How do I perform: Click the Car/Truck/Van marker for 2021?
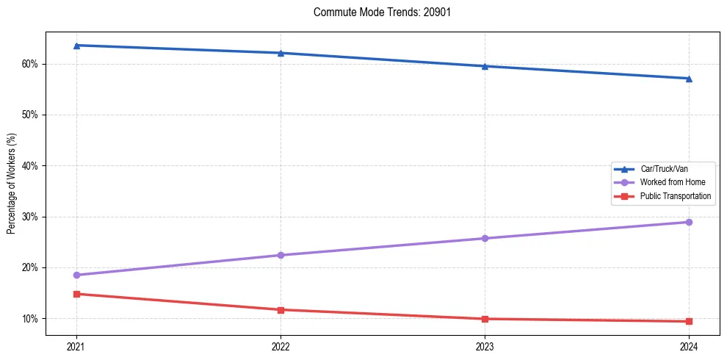click(x=76, y=46)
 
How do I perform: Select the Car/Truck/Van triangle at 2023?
click(x=485, y=66)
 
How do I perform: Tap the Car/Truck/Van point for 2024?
click(x=689, y=79)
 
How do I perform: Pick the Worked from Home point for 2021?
click(x=76, y=275)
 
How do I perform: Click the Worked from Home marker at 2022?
click(x=281, y=255)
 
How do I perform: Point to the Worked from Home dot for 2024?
click(x=689, y=222)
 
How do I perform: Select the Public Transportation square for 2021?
click(x=76, y=294)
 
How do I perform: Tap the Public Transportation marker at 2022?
click(x=281, y=309)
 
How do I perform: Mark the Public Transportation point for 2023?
click(x=485, y=319)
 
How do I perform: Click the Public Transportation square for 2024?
click(x=689, y=321)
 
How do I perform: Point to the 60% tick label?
click(x=31, y=64)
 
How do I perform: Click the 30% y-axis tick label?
click(x=31, y=217)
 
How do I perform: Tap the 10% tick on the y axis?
click(x=31, y=319)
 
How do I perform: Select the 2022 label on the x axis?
click(x=281, y=345)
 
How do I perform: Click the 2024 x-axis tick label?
click(x=689, y=345)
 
